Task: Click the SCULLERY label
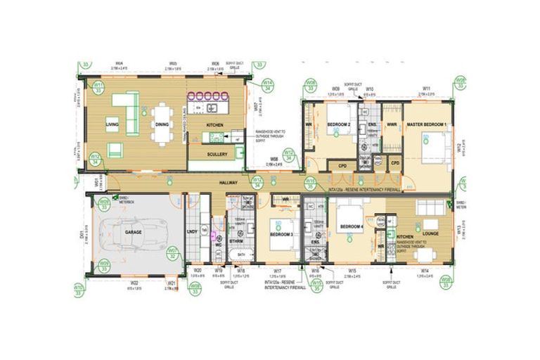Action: pyautogui.click(x=216, y=153)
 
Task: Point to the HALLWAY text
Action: pyautogui.click(x=227, y=182)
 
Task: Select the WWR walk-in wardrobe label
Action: pyautogui.click(x=392, y=124)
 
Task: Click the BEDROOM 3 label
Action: pyautogui.click(x=281, y=233)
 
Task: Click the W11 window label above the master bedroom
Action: pyautogui.click(x=426, y=89)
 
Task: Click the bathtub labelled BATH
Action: pyautogui.click(x=241, y=259)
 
